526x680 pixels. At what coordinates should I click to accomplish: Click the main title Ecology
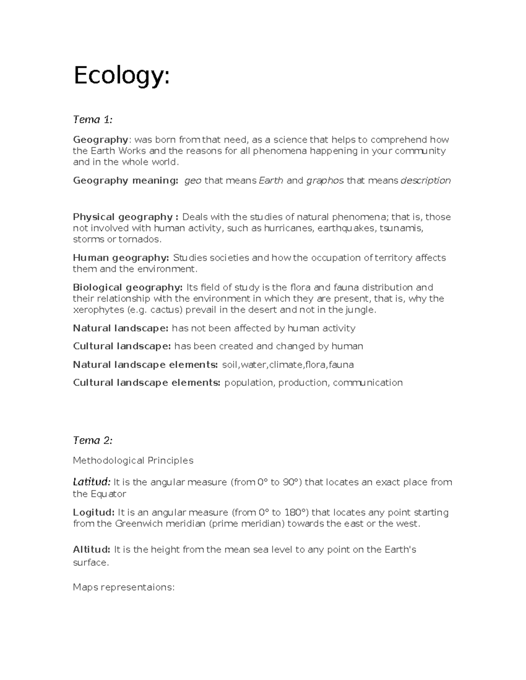(121, 76)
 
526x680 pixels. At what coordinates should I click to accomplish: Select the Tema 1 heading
(92, 120)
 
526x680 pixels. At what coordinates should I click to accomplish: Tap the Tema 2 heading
(92, 440)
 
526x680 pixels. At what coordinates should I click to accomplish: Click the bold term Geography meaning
(125, 180)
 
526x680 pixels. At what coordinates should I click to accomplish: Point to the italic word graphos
(324, 180)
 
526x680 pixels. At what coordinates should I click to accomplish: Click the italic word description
(426, 180)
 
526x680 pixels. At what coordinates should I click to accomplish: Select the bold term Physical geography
(125, 217)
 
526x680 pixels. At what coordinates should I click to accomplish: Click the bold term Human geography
(121, 257)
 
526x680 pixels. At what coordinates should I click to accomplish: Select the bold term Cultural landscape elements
(146, 383)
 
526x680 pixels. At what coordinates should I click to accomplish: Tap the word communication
(367, 383)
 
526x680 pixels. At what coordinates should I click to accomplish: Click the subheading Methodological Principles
(133, 460)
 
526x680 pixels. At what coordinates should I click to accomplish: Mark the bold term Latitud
(92, 482)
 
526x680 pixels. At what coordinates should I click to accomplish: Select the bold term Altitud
(91, 549)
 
